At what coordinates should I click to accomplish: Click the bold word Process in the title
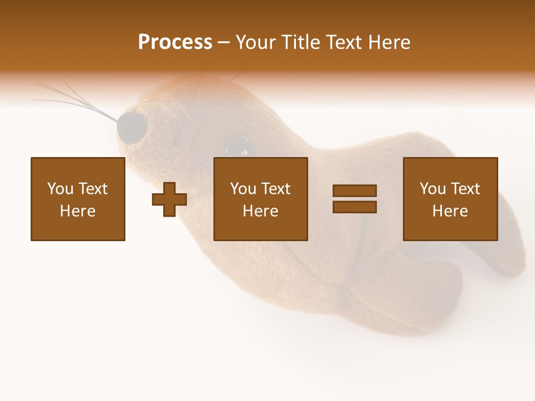(175, 42)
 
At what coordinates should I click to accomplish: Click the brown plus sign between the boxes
(169, 199)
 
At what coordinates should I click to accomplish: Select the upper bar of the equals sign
(354, 191)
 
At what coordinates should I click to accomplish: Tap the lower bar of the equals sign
(354, 207)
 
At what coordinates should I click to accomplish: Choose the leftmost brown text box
(78, 199)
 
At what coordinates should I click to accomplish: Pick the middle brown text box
(261, 199)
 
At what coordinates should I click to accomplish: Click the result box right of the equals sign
(450, 199)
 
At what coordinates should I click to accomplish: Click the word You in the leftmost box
(60, 189)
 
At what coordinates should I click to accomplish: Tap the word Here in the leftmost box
(78, 211)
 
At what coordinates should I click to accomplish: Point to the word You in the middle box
(243, 189)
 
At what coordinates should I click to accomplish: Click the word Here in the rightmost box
(450, 211)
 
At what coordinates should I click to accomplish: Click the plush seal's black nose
(132, 128)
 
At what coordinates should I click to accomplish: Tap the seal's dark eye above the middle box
(239, 146)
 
